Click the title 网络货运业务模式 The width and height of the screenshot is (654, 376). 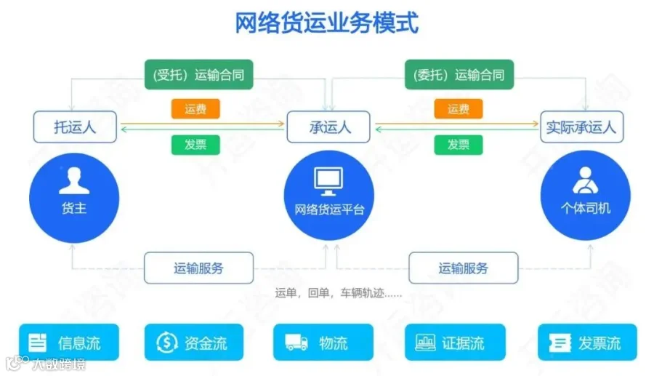(326, 23)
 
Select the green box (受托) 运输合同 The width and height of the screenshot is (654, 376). (199, 75)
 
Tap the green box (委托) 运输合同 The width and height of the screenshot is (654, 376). (459, 75)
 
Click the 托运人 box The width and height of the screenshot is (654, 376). (75, 127)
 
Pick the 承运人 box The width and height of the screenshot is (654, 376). (328, 127)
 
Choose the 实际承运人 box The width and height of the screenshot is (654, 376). (582, 127)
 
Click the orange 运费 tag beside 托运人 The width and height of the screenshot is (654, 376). (195, 109)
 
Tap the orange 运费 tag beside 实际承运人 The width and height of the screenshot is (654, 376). (459, 109)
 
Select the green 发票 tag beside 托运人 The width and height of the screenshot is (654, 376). (195, 145)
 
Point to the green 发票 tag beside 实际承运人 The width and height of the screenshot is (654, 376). (459, 145)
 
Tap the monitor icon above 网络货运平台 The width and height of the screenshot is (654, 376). (328, 181)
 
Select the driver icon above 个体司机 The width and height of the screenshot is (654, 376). (585, 180)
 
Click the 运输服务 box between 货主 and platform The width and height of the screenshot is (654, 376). (199, 268)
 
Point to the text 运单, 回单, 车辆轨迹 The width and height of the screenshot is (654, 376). (338, 293)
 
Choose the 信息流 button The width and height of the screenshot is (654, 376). (69, 343)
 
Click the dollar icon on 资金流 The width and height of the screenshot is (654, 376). (167, 343)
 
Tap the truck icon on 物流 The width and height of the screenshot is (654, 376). (296, 343)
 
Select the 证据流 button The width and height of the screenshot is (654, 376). (455, 343)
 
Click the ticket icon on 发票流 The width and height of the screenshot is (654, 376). (560, 343)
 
